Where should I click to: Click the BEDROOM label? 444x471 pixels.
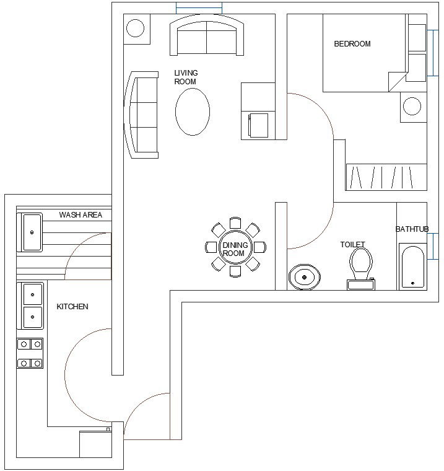pyautogui.click(x=352, y=44)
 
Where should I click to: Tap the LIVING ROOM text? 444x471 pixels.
pyautogui.click(x=186, y=77)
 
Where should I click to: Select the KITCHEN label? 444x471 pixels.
pyautogui.click(x=72, y=307)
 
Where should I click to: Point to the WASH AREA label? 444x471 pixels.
pyautogui.click(x=81, y=215)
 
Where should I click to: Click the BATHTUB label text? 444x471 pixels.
pyautogui.click(x=412, y=229)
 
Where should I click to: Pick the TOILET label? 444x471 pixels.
pyautogui.click(x=352, y=245)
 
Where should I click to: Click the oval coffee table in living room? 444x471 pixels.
pyautogui.click(x=192, y=112)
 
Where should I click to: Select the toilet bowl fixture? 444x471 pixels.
pyautogui.click(x=360, y=265)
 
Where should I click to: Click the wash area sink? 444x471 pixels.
pyautogui.click(x=32, y=232)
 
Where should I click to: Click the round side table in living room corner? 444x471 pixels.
pyautogui.click(x=136, y=29)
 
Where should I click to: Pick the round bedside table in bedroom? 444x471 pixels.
pyautogui.click(x=412, y=106)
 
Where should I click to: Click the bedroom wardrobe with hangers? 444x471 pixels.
pyautogui.click(x=386, y=177)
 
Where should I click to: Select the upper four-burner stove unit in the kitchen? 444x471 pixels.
pyautogui.click(x=30, y=344)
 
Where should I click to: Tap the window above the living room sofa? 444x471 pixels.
pyautogui.click(x=199, y=7)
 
